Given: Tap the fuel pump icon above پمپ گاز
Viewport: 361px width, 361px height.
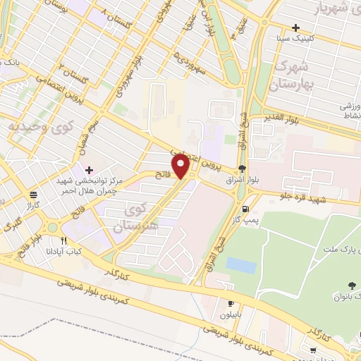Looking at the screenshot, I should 245,209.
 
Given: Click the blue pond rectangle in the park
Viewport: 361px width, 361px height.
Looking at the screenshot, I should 241,265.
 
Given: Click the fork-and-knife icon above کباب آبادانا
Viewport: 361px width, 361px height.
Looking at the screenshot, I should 65,240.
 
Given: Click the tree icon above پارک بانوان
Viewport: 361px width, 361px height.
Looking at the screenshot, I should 350,285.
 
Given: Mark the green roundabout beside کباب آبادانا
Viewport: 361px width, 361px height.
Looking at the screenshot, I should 51,228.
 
